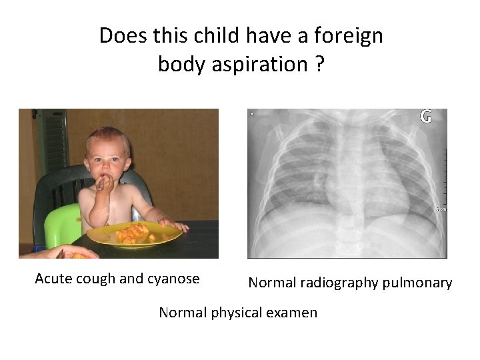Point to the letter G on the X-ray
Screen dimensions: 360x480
pyautogui.click(x=425, y=117)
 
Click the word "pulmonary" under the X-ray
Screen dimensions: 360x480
pyautogui.click(x=418, y=283)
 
